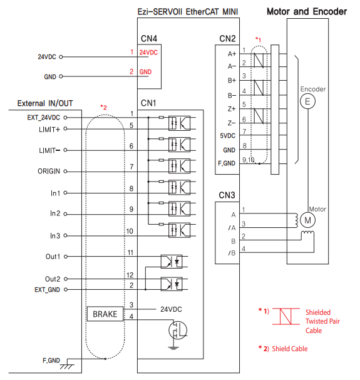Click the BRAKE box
coord(105,314)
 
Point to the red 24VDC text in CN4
coord(148,53)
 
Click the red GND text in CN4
coord(145,72)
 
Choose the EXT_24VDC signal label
coord(43,117)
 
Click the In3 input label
coord(54,235)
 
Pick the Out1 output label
coord(53,257)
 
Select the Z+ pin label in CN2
coord(230,108)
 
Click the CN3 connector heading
coord(227,197)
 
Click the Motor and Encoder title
coord(307,11)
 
